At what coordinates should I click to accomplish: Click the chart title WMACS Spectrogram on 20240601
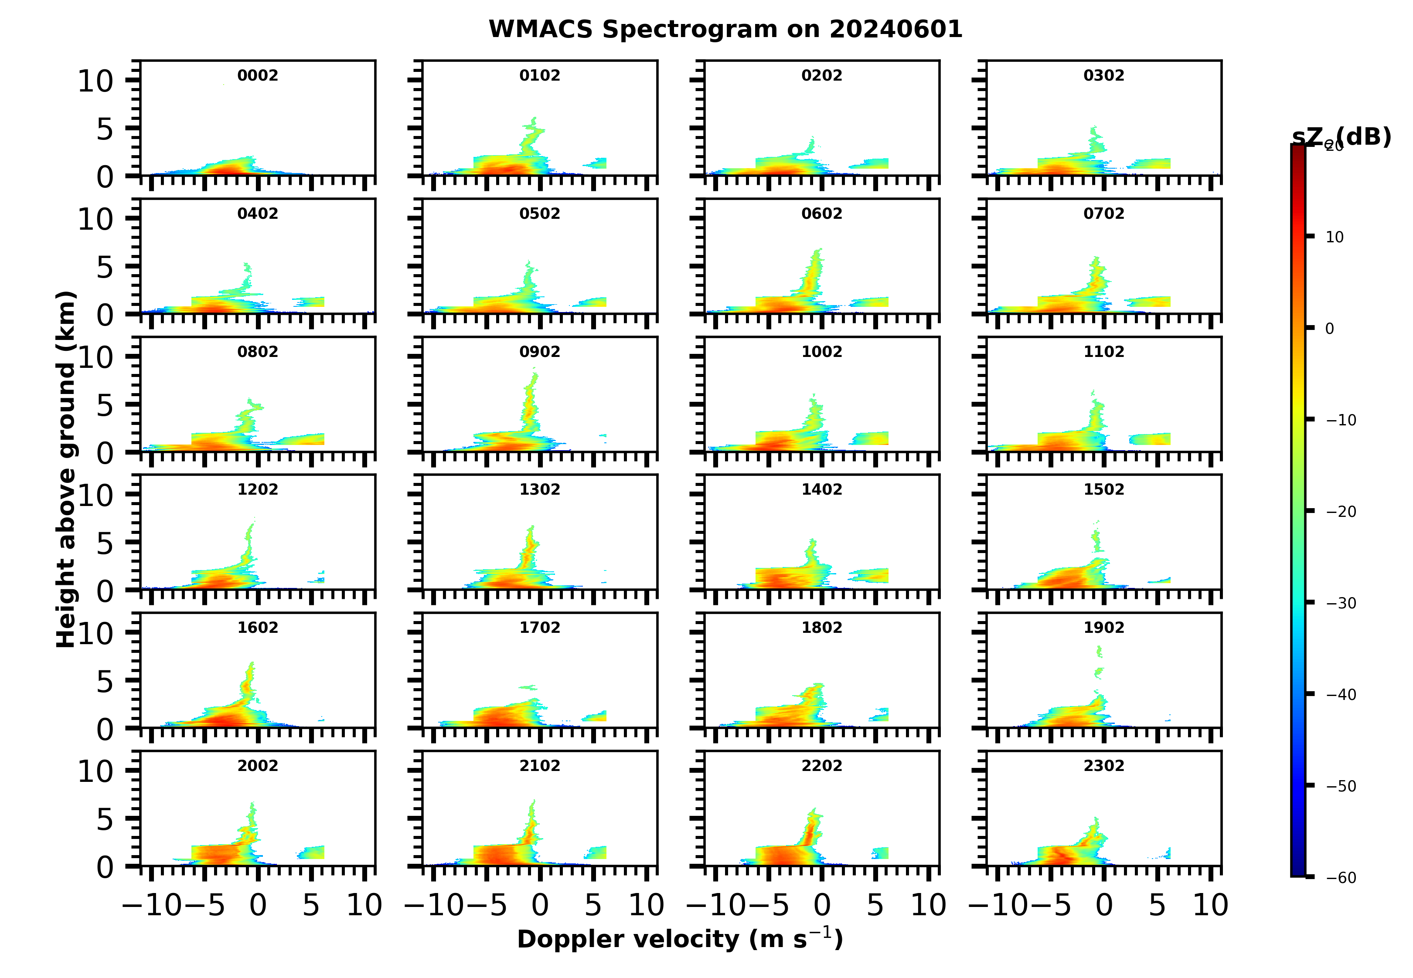(x=725, y=29)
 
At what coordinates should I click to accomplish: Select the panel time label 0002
(x=258, y=75)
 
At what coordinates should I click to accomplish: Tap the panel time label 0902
(x=539, y=352)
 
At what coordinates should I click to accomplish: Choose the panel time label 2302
(x=1103, y=766)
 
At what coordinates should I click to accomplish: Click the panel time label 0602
(x=821, y=214)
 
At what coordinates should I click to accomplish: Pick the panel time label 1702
(x=539, y=628)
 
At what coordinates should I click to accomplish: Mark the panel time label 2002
(x=258, y=766)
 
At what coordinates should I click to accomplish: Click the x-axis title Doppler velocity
(x=680, y=939)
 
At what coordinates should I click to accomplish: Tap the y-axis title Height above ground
(x=65, y=469)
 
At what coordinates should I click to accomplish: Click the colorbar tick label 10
(x=1334, y=237)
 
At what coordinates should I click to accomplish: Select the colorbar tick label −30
(x=1341, y=604)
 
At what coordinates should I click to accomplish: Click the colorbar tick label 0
(x=1329, y=329)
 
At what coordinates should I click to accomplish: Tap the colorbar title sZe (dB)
(x=1341, y=137)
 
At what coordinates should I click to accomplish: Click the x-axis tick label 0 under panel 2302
(x=1104, y=905)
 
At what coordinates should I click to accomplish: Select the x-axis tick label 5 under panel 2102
(x=593, y=905)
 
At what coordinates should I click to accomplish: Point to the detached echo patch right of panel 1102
(x=1149, y=439)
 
